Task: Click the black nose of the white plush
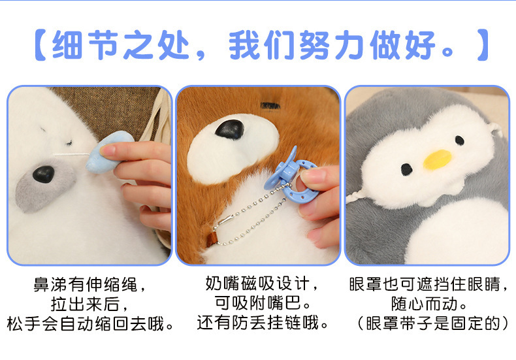(44, 174)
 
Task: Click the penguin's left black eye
(407, 169)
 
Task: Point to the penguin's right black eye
(460, 140)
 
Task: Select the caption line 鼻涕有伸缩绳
(90, 286)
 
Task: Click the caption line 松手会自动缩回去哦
(90, 323)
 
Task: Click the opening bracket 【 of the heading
(41, 45)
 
